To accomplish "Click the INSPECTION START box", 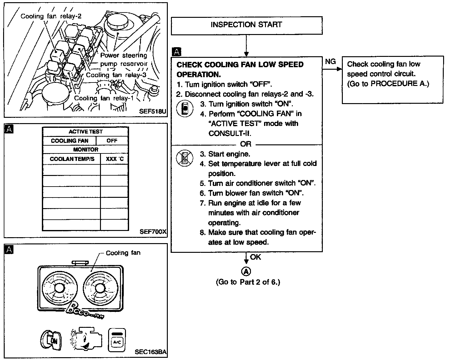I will [246, 25].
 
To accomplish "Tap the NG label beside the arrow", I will [330, 62].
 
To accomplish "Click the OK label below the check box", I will [255, 257].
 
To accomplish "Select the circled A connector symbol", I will [246, 271].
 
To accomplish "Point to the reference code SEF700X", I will [153, 232].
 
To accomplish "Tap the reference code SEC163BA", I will [151, 352].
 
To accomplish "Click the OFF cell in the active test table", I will [112, 141].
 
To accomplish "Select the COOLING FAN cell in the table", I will [69, 141].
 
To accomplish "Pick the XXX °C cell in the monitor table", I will [114, 159].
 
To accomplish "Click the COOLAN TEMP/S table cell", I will [72, 159].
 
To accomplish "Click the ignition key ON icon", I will [52, 340].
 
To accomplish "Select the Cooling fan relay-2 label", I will [51, 16].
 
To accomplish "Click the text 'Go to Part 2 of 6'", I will [248, 282].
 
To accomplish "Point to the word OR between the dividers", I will [246, 144].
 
